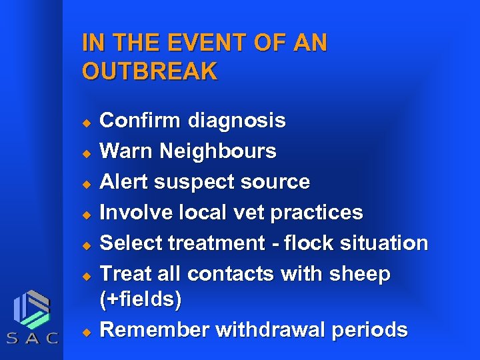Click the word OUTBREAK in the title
pos(149,71)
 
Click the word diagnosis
pos(237,121)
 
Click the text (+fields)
pos(140,300)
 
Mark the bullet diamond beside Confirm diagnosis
pos(85,122)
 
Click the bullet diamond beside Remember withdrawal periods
pos(85,331)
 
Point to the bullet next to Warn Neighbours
pos(85,153)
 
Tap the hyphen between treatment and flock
pos(273,244)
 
